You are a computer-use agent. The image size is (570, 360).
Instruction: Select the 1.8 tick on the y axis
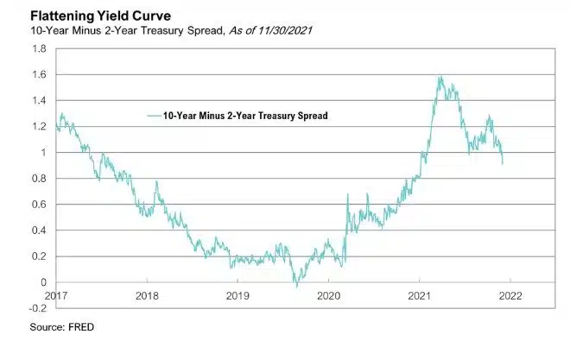coord(39,49)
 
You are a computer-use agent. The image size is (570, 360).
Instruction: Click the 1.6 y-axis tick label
coord(39,75)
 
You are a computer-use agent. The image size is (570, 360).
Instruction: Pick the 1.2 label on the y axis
coord(39,127)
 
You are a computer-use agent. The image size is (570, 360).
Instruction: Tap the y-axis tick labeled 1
coord(43,153)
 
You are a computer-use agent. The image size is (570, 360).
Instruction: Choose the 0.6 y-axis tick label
coord(39,205)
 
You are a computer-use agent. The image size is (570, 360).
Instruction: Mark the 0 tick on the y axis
coord(43,282)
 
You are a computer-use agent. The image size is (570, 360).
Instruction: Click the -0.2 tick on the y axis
coord(37,308)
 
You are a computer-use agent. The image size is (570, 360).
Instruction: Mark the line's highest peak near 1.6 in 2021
coord(440,78)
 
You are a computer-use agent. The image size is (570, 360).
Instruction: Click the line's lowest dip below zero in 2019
coord(296,286)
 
